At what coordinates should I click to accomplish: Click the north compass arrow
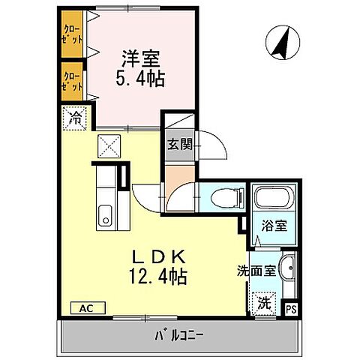click(x=280, y=43)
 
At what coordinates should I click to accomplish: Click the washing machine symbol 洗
click(x=263, y=304)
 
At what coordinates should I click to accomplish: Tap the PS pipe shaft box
click(x=291, y=307)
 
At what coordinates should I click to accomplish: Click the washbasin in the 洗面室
click(x=287, y=268)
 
